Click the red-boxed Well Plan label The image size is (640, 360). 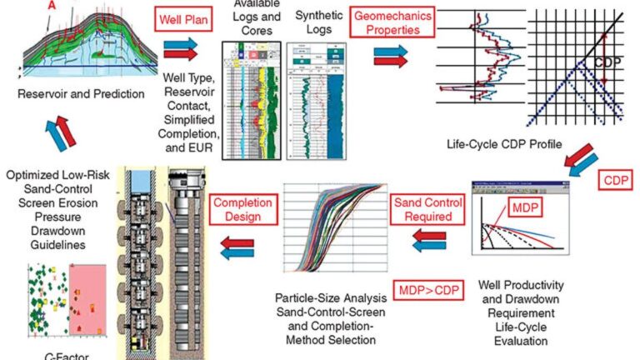tap(177, 17)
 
